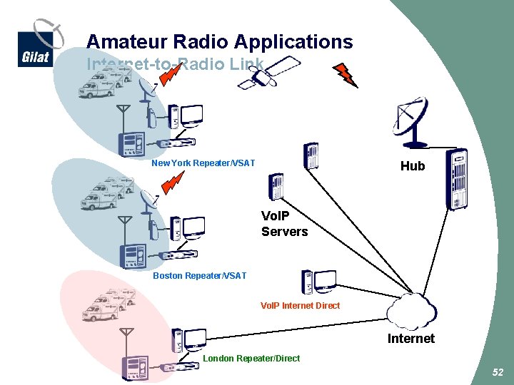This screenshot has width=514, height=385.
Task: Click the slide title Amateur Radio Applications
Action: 219,41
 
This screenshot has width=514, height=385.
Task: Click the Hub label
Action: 412,166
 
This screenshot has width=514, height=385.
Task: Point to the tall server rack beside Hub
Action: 455,179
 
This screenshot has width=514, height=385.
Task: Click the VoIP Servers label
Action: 284,224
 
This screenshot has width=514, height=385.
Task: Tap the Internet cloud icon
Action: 411,311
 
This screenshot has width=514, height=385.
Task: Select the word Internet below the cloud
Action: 410,339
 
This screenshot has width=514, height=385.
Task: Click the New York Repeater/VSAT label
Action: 203,163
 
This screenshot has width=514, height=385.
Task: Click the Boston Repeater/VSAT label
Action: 200,276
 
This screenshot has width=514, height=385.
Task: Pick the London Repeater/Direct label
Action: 251,358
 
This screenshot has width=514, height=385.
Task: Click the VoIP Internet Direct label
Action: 300,305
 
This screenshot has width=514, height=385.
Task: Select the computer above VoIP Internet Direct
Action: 318,282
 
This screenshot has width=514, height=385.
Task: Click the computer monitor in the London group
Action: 194,339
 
